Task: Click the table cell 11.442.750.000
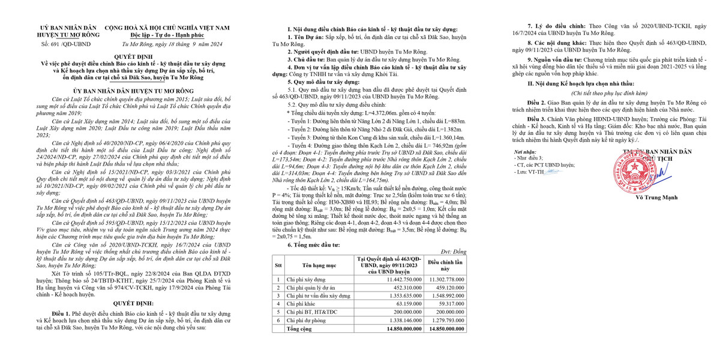[388, 279]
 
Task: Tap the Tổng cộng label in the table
[300, 329]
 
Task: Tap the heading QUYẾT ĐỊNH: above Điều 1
[135, 304]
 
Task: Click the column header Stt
[278, 265]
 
